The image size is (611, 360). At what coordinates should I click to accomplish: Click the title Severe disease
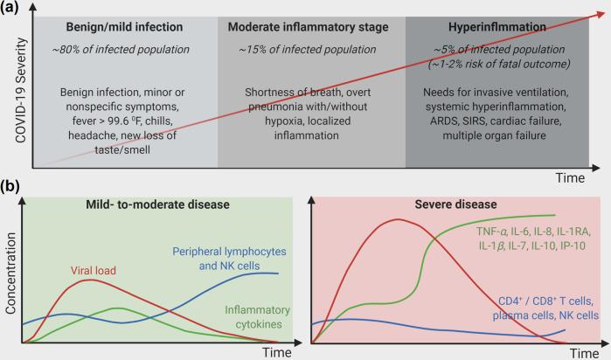[446, 204]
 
